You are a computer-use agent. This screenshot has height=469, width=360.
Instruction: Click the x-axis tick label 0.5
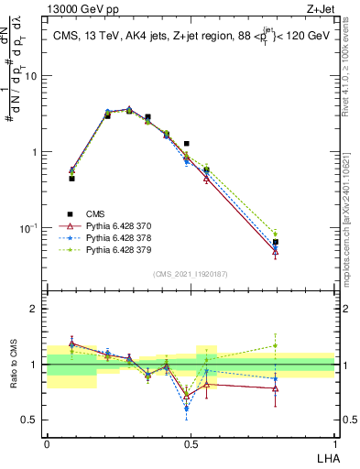190,442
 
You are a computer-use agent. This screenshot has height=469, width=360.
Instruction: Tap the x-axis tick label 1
334,442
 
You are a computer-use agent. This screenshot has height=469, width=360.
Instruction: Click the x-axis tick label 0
47,442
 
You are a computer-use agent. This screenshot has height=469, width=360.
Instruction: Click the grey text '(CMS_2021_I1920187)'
190,273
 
